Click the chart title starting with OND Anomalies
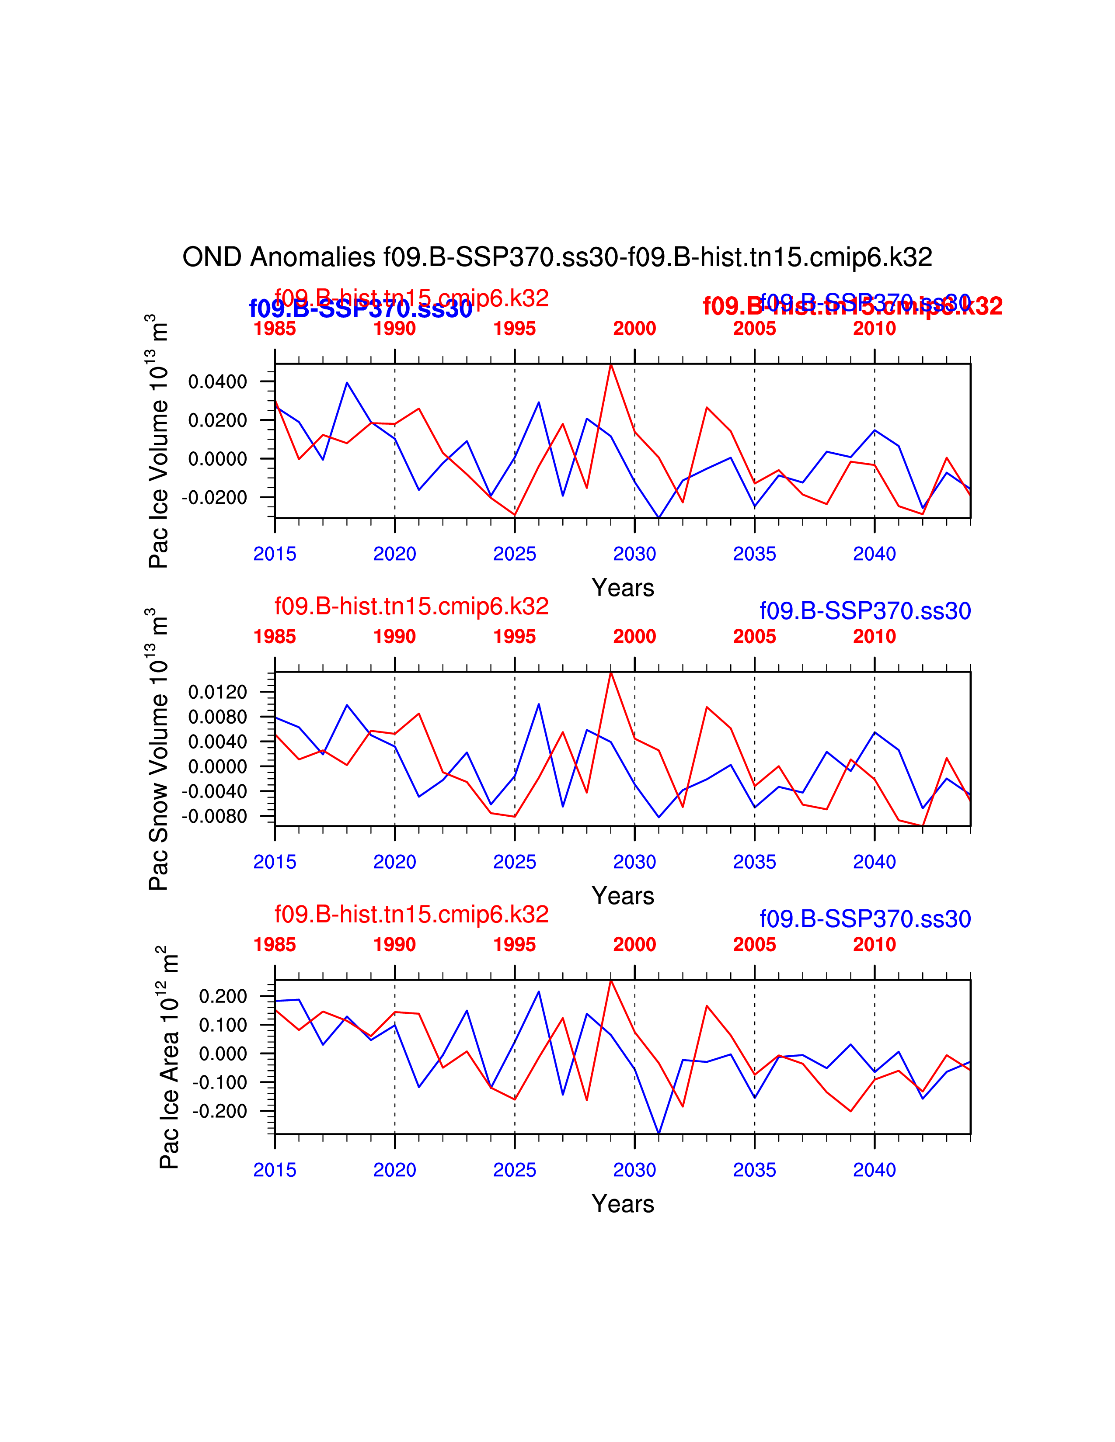[557, 257]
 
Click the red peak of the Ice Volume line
[611, 364]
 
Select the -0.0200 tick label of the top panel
[215, 497]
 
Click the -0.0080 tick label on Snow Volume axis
[215, 816]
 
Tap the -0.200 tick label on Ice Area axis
[220, 1111]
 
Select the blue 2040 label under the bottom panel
[874, 1170]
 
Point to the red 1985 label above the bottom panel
[275, 945]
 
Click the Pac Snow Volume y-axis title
[159, 749]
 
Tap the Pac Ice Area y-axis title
[169, 1058]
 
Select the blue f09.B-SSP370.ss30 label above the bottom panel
[864, 919]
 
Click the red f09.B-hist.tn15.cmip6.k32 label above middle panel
[411, 606]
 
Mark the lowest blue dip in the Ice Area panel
[659, 1133]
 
